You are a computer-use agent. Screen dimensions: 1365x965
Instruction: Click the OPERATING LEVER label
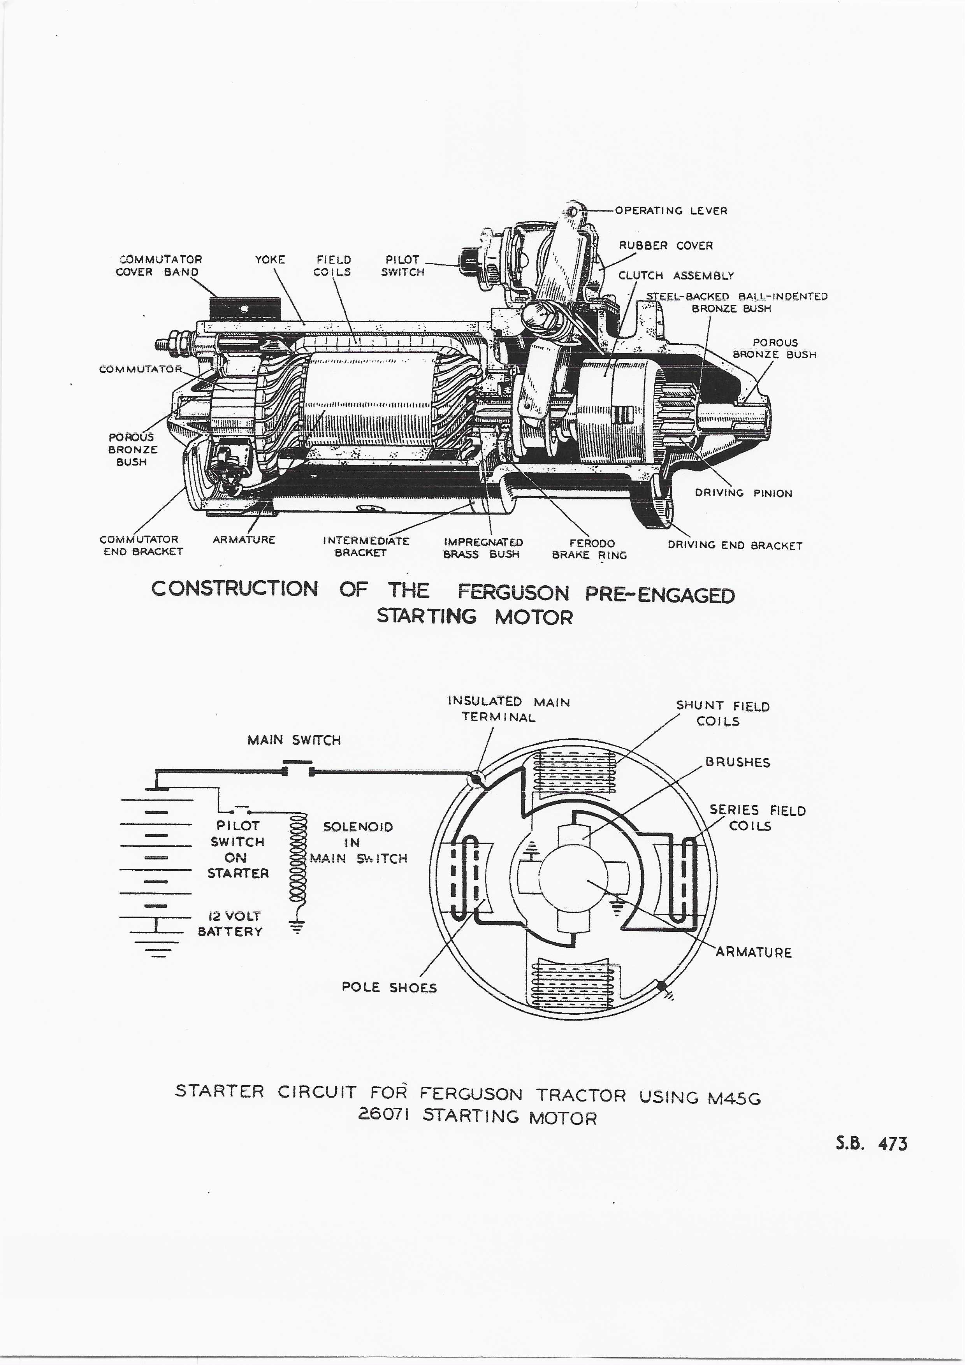(x=671, y=211)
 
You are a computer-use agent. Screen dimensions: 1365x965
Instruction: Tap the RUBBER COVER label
(x=665, y=246)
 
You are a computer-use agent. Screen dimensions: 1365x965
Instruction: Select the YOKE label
(x=270, y=260)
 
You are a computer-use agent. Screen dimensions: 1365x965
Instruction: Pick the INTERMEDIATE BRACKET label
(x=366, y=546)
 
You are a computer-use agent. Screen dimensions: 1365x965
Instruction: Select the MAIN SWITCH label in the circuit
(x=294, y=740)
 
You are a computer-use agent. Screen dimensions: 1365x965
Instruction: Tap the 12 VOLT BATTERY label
(x=230, y=924)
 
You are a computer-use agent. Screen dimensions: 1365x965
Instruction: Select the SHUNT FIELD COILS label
(x=722, y=713)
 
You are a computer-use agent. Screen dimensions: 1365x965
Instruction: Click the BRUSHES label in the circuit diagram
(x=737, y=762)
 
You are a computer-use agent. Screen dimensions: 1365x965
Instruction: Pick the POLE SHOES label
(x=389, y=987)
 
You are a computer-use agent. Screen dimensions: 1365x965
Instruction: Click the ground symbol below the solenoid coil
(x=296, y=925)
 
